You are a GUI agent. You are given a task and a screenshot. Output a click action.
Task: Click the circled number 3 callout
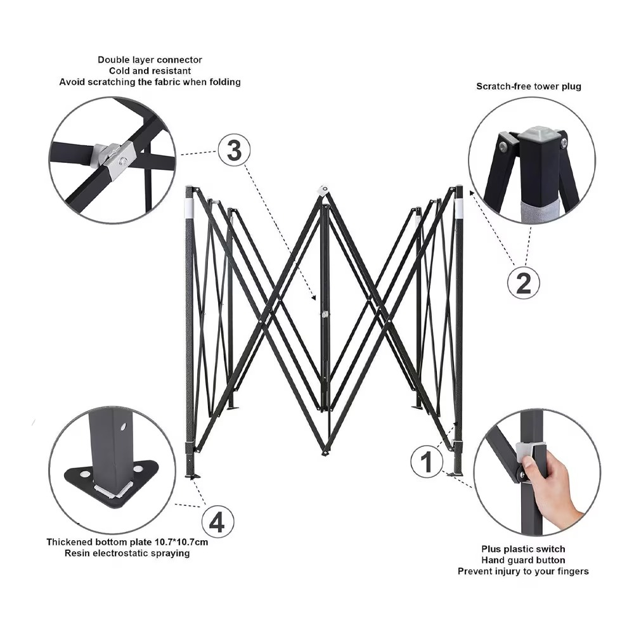coord(234,151)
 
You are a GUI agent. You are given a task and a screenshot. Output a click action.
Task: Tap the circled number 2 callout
coord(524,282)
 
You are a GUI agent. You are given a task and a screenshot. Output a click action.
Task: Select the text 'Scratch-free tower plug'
coord(529,86)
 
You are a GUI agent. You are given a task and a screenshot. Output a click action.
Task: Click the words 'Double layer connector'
coord(150,60)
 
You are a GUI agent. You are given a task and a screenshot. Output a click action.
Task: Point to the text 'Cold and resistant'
coord(150,71)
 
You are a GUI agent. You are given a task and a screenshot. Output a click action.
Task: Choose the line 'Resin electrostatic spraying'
coord(127,553)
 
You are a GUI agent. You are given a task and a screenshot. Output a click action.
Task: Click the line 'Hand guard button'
coord(523,560)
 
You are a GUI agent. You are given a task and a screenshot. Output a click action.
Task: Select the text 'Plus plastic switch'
coord(523,549)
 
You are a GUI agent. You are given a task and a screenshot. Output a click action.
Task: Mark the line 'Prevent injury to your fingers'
coord(523,572)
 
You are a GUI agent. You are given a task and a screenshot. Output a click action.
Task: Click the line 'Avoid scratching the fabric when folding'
coord(150,82)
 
